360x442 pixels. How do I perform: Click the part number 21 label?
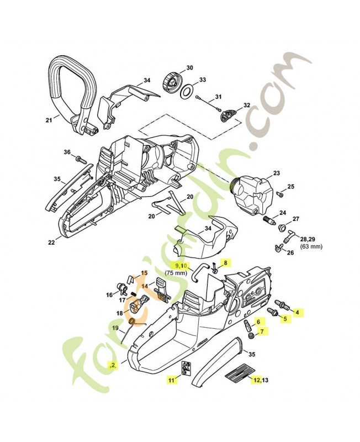[48, 119]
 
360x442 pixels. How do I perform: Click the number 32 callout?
[246, 105]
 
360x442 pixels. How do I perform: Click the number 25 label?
[291, 186]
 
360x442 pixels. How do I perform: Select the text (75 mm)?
[176, 272]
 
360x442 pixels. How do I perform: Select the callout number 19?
[115, 328]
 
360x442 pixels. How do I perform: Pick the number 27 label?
[295, 219]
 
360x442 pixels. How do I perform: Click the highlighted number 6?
[257, 322]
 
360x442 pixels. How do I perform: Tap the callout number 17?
[122, 300]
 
